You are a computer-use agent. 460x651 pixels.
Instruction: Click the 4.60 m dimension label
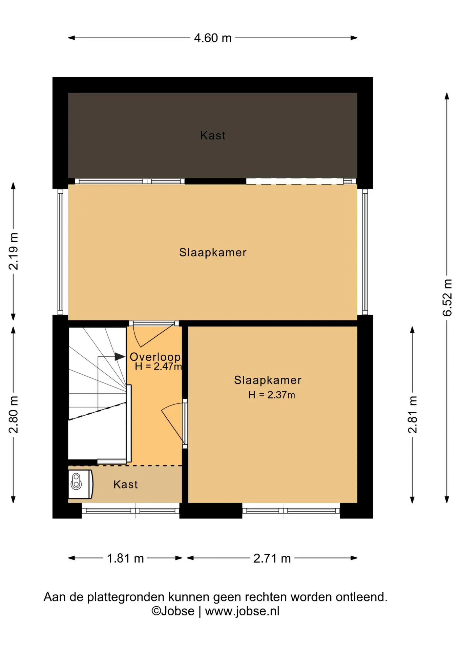213,38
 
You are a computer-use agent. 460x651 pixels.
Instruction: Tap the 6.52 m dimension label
447,297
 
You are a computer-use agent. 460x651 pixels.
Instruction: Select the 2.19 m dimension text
14,251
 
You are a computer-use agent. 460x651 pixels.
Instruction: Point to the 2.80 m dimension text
14,414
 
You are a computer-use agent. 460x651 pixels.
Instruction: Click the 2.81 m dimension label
413,414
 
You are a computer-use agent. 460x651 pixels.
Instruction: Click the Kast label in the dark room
213,136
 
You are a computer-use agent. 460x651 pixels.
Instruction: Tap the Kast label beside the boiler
126,485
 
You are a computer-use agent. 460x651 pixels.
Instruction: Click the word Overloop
155,357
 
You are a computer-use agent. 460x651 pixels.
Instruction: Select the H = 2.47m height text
158,367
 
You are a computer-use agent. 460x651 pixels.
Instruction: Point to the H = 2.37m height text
272,395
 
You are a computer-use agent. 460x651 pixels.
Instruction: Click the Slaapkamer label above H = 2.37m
268,380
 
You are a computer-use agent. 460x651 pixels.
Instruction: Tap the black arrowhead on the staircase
120,357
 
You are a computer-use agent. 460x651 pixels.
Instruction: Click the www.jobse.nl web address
242,611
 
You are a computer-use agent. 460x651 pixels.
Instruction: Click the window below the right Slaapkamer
291,511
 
